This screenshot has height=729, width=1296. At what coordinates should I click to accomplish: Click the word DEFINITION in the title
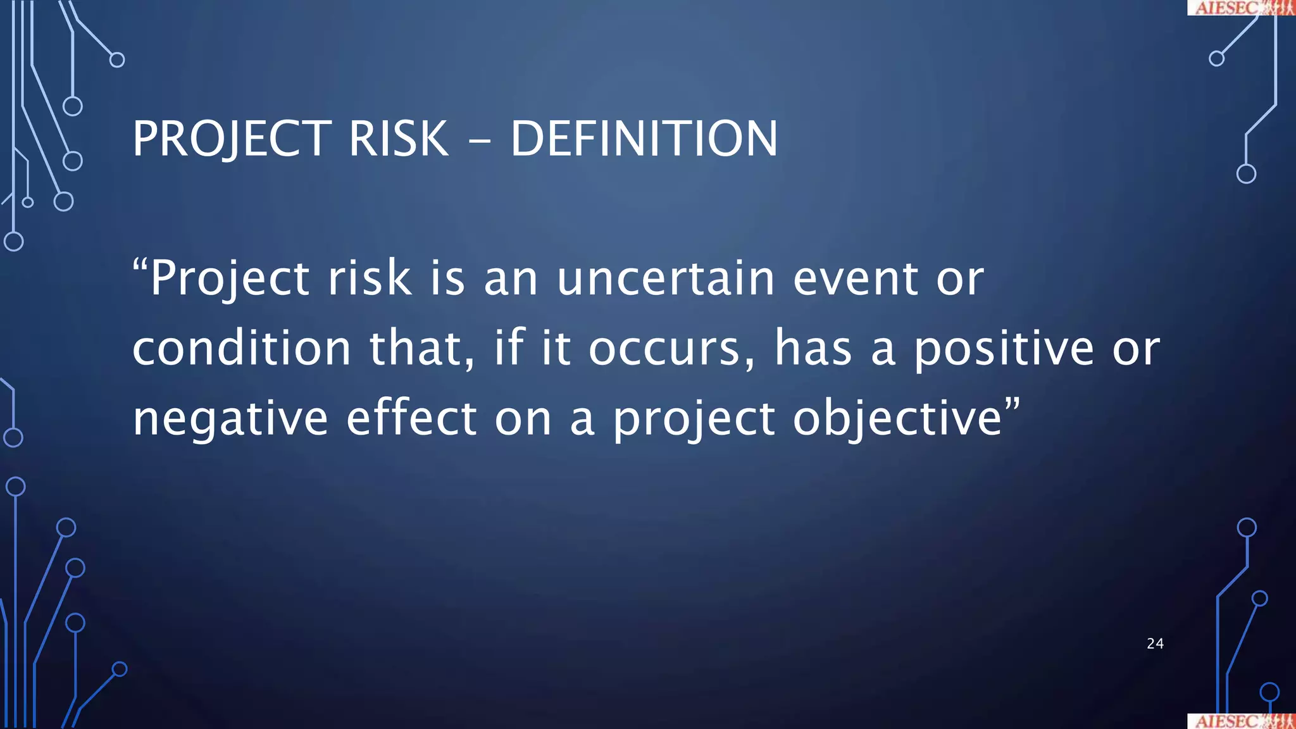pyautogui.click(x=644, y=139)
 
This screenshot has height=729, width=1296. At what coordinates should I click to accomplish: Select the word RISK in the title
pyautogui.click(x=398, y=139)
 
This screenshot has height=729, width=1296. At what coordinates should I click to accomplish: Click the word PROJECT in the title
pyautogui.click(x=232, y=140)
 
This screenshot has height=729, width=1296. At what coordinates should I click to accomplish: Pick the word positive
pyautogui.click(x=1004, y=350)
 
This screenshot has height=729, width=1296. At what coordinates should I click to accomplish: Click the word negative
pyautogui.click(x=230, y=420)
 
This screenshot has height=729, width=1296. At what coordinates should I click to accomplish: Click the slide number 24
pyautogui.click(x=1155, y=644)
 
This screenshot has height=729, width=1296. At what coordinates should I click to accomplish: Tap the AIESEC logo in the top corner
pyautogui.click(x=1241, y=7)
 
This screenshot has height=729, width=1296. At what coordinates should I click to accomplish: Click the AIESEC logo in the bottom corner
pyautogui.click(x=1241, y=721)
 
